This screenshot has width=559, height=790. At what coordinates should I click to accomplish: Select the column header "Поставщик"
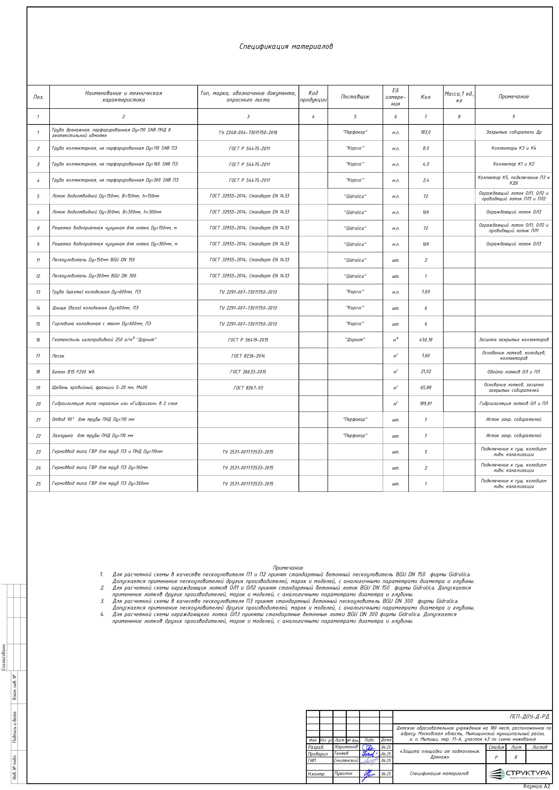coord(355,97)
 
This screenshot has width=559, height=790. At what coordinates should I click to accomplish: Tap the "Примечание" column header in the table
coord(513,97)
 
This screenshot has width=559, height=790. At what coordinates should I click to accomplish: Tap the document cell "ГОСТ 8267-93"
coord(248,388)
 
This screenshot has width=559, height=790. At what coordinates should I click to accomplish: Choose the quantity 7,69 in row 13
coord(425,292)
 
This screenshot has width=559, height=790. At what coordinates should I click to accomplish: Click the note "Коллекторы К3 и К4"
coord(513,148)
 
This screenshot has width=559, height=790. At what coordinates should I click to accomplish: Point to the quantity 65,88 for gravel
coord(425,388)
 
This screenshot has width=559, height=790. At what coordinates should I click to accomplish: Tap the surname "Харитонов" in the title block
coord(346,747)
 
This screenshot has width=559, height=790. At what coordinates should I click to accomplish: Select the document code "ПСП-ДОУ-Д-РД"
coord(529,717)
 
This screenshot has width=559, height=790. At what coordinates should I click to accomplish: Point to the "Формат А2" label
coord(536,787)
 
